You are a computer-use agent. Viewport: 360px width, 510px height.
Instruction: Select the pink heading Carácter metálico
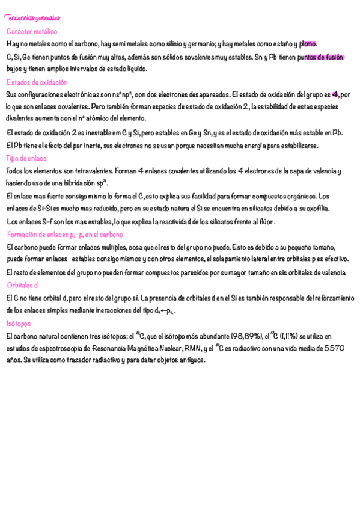point(32,31)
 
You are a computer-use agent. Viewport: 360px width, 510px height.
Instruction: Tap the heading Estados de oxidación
point(37,82)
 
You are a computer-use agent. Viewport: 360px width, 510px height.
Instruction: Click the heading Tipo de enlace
point(26,158)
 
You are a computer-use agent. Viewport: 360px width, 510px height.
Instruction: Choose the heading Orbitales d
point(23,285)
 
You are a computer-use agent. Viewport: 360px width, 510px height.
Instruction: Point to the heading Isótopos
point(19,324)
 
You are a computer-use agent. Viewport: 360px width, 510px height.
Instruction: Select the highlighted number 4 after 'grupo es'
point(335,94)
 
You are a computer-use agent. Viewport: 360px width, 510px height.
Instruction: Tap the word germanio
point(198,44)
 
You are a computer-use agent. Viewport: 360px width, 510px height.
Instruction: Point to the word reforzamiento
point(330,298)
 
